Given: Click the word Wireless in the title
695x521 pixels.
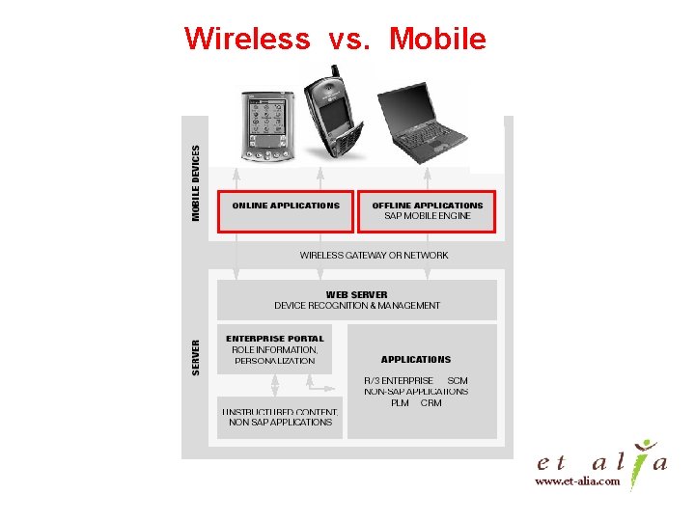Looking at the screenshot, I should tap(246, 39).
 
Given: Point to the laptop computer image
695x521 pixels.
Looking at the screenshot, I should tap(420, 121).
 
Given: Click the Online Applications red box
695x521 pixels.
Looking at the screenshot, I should tap(286, 210).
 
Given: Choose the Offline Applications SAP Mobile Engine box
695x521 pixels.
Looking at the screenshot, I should tap(427, 210).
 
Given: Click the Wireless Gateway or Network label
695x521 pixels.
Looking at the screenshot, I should tap(374, 256).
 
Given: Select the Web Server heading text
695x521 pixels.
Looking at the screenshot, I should tap(357, 294).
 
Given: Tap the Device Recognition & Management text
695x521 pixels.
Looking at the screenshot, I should tap(357, 306).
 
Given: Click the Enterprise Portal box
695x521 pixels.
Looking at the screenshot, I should tap(275, 349).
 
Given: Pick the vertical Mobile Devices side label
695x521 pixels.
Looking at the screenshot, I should tap(197, 183).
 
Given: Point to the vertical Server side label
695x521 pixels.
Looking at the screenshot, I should tap(197, 357).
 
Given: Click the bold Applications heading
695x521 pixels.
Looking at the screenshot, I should tap(416, 359).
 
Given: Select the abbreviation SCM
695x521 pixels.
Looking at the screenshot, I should tap(458, 381).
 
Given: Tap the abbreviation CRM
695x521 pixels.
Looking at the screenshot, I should tap(431, 403).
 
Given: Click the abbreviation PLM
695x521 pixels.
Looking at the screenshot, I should tap(400, 403).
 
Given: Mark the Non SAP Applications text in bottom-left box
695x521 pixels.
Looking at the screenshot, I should tap(280, 423).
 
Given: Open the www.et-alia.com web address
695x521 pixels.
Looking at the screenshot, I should tap(577, 480).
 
